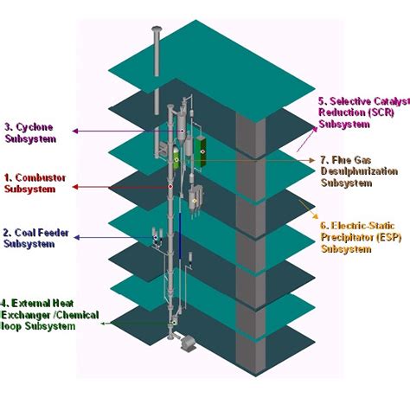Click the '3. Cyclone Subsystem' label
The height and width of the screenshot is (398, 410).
pos(30,133)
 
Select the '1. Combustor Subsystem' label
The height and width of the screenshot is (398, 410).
pos(35,183)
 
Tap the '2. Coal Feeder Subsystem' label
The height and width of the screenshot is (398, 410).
pos(36,238)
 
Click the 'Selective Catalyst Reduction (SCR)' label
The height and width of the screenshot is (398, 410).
pos(364,112)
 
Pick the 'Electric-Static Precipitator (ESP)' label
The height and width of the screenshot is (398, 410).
pos(361,237)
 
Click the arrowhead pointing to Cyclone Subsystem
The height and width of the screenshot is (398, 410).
pos(75,132)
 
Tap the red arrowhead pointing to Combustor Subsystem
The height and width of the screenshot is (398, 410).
pos(75,187)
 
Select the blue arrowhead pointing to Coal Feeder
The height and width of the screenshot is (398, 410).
pos(77,237)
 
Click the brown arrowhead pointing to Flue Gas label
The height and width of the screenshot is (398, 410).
pos(312,160)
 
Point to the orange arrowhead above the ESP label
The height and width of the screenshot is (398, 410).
pos(316,216)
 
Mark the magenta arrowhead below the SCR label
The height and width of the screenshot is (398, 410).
pos(315,129)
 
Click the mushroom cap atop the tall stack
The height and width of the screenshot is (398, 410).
pos(157,29)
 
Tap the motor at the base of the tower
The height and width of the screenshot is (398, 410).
pos(189,343)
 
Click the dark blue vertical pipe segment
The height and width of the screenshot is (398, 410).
pos(180,235)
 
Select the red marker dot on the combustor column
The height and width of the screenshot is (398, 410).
pos(170,187)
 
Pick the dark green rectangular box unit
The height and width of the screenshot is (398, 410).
pos(201,152)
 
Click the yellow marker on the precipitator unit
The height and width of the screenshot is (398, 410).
pos(195,201)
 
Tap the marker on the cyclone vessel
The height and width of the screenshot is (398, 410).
pos(183,132)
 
